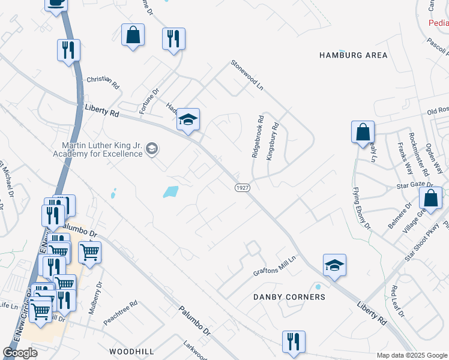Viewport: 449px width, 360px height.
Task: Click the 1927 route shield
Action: click(242, 188)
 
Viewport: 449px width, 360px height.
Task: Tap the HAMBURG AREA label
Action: click(353, 55)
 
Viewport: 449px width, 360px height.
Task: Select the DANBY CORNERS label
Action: click(289, 297)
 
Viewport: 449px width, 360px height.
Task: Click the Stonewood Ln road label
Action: click(248, 74)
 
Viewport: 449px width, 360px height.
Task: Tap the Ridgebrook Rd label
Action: click(256, 137)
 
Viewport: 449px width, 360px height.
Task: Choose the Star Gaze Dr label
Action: click(411, 187)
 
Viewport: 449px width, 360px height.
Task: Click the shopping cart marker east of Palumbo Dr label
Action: click(89, 252)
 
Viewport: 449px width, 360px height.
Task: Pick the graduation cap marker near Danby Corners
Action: click(335, 265)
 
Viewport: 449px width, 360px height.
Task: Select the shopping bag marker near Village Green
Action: click(430, 197)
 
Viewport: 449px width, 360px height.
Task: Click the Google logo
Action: click(20, 353)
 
